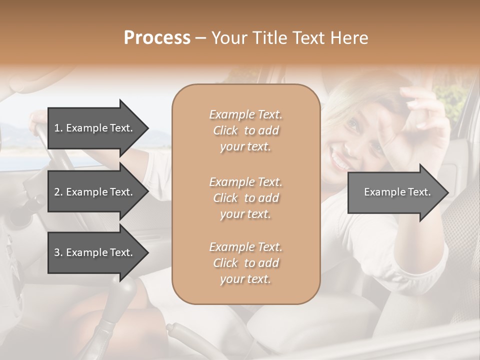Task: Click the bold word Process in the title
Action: click(x=157, y=38)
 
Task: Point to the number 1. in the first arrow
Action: click(x=58, y=128)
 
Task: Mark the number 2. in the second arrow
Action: click(x=58, y=192)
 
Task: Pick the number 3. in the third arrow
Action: click(x=58, y=252)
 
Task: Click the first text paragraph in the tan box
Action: click(x=246, y=130)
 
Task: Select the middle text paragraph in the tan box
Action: click(x=246, y=197)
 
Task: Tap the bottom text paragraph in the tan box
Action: click(x=246, y=263)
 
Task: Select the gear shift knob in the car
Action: click(x=125, y=290)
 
